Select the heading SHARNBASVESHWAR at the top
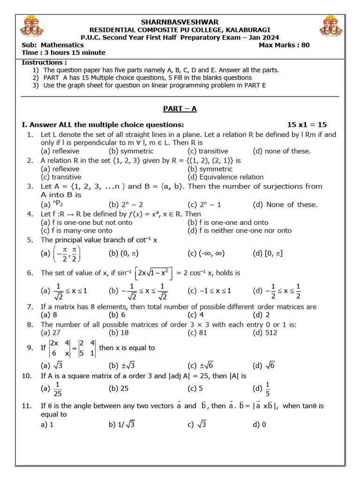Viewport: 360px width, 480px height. click(180, 22)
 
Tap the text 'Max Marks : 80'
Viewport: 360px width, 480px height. click(284, 45)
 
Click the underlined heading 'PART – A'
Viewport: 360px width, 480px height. click(180, 109)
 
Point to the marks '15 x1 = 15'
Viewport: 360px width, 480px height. click(307, 124)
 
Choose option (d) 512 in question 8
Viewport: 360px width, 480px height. click(265, 332)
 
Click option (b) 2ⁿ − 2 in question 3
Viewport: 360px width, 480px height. click(124, 204)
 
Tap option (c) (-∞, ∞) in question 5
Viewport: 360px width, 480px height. click(206, 254)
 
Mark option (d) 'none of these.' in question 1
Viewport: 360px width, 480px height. click(281, 151)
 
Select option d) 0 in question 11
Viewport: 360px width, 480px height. click(259, 425)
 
